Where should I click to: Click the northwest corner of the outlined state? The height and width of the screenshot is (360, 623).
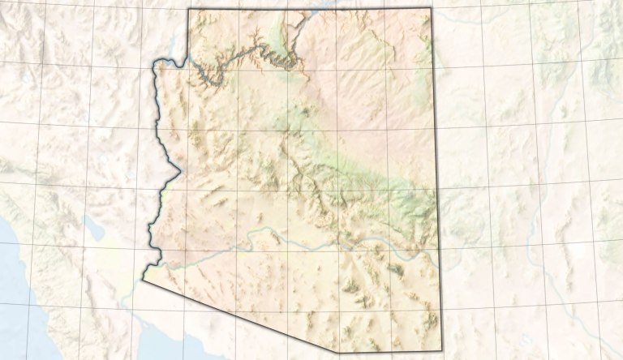click(x=188, y=10)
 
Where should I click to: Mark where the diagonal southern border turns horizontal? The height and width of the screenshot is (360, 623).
click(x=339, y=352)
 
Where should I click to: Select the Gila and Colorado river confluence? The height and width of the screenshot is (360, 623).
click(x=161, y=263)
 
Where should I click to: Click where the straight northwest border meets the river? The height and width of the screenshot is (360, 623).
click(x=188, y=62)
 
